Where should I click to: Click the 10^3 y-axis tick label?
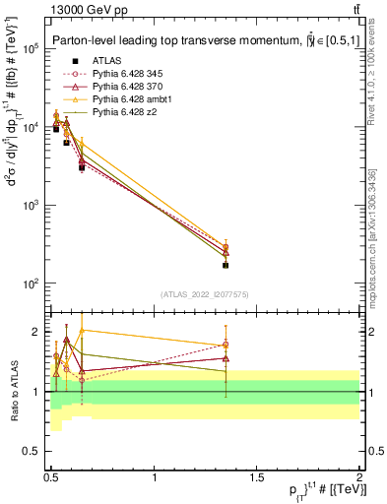point(32,206)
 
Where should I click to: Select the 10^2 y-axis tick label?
point(32,284)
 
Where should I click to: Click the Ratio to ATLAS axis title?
point(13,392)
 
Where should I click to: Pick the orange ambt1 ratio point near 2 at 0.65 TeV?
point(82,331)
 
